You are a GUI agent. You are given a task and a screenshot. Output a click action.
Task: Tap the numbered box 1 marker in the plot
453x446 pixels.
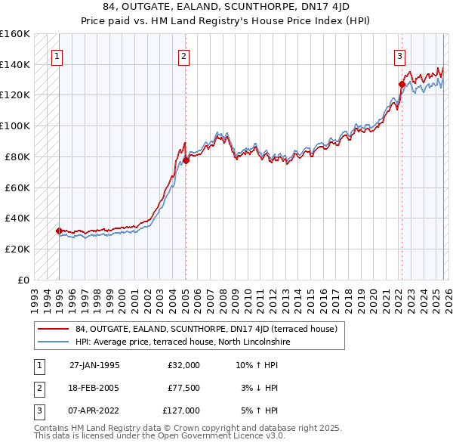57,55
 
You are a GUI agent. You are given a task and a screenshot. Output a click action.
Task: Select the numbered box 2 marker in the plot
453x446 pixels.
183,55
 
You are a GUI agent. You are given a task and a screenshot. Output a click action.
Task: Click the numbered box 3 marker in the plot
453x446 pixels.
399,55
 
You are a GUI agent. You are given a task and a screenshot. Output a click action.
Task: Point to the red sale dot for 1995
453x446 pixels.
59,231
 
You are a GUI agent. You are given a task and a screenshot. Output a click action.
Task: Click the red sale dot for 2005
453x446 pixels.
186,160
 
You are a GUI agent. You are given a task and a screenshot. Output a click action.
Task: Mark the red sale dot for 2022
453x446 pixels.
402,84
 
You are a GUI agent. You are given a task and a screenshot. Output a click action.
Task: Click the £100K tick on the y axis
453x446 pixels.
15,125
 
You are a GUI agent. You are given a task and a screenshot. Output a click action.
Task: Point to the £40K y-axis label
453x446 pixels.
17,218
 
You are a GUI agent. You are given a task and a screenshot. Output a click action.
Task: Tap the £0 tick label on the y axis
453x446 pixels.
23,280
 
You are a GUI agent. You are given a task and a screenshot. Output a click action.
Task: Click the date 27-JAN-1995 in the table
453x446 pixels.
94,365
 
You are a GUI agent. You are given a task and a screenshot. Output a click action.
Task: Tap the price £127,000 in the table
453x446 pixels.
181,410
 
